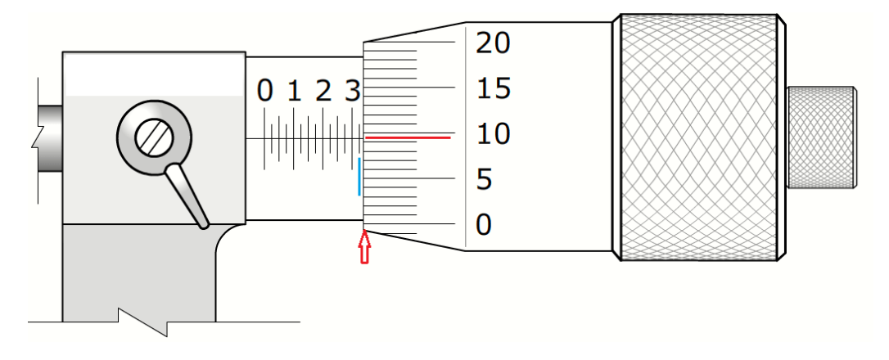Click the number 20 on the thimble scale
click(494, 43)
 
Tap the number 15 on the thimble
click(494, 89)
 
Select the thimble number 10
click(494, 134)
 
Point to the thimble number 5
click(485, 180)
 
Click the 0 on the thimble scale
click(485, 225)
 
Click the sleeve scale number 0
click(264, 92)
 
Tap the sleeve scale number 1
click(294, 92)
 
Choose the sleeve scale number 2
click(323, 92)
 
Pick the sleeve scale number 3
click(353, 92)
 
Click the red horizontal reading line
click(408, 137)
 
